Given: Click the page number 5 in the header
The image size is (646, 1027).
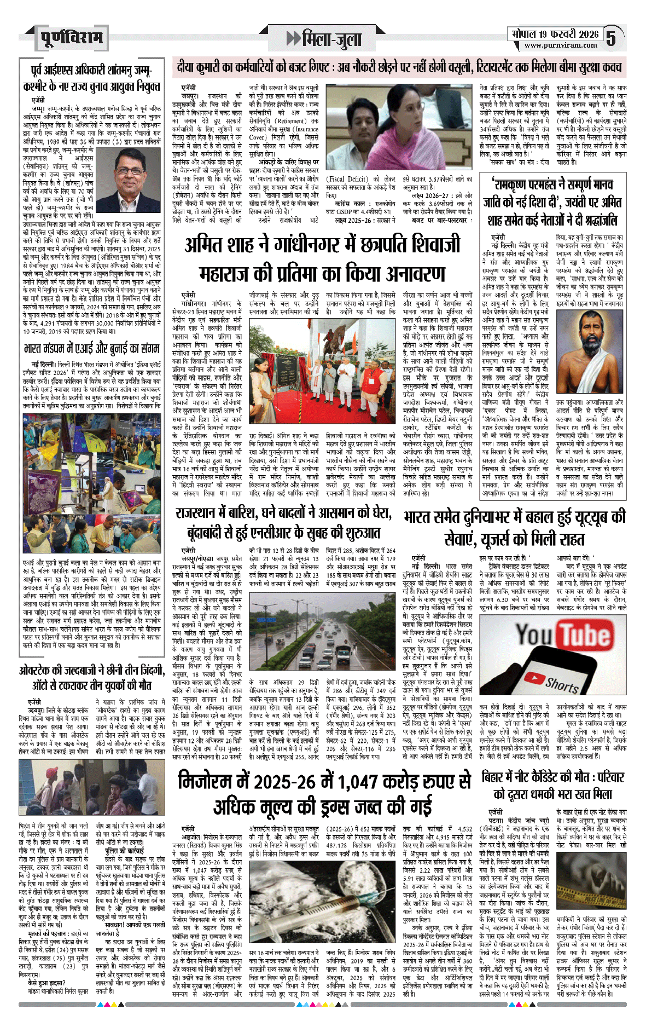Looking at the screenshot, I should (x=611, y=38).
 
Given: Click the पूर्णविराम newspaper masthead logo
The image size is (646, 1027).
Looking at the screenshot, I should (x=71, y=38).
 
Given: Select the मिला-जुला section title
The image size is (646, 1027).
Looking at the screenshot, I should (x=326, y=39).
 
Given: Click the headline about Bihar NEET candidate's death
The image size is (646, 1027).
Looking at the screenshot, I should (x=552, y=784).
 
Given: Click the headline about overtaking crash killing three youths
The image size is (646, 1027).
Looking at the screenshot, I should (x=92, y=678).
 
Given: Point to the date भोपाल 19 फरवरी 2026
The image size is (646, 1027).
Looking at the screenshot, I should (x=555, y=34).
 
